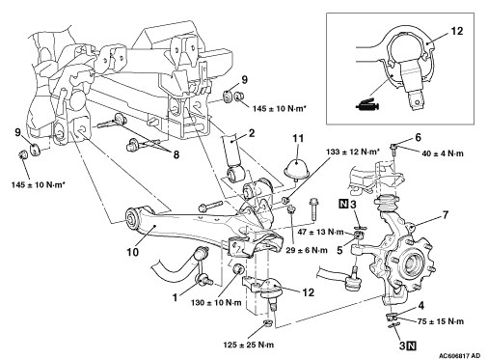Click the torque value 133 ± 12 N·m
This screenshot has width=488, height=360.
pos(352,152)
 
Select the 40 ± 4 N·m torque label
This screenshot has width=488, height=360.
pos(443,153)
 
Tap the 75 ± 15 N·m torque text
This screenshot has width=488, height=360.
pos(441,321)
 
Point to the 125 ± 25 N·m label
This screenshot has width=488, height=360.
pos(249,345)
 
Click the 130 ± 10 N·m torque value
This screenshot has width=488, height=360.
pos(216,302)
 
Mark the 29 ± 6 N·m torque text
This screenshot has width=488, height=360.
pos(307,250)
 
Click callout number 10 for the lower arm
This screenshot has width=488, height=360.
pos(132,252)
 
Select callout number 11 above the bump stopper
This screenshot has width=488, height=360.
pos(298,139)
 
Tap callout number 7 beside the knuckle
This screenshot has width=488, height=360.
pos(445,214)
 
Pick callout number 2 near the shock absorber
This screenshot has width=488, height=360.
pos(252,133)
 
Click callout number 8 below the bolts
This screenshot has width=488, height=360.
pos(176,154)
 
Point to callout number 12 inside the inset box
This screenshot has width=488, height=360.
pos(456,31)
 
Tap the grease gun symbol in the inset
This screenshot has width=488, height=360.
pos(368,105)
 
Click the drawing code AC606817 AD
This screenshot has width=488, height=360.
pos(459,355)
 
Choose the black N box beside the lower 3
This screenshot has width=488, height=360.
pos(412,346)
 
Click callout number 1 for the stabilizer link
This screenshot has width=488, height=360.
pos(175,297)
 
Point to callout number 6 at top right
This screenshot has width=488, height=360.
pos(418,137)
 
